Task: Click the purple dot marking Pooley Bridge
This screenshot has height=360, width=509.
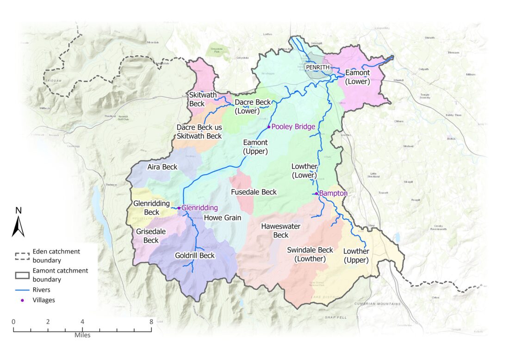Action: [268, 127]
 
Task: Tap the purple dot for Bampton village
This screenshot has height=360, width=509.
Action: [316, 193]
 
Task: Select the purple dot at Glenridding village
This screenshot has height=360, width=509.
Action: [179, 208]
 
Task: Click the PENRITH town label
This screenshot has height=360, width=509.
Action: [317, 68]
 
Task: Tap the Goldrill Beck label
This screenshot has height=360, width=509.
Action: [195, 255]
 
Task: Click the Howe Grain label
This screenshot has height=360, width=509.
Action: [223, 217]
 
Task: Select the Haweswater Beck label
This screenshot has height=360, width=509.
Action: [281, 230]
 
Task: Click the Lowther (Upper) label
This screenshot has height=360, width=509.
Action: [356, 255]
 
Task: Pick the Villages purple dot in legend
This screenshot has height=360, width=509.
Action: [22, 300]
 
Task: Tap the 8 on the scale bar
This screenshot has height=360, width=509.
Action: [151, 322]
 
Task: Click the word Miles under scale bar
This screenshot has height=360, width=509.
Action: [82, 335]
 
